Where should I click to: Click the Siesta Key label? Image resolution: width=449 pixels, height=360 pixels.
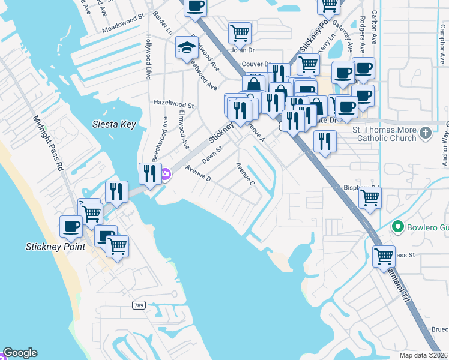point(114,125)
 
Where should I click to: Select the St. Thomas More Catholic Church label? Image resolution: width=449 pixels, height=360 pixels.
point(384,133)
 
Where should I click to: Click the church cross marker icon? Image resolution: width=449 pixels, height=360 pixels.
point(425,132)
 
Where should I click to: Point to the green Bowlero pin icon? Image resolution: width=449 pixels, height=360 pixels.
point(396,227)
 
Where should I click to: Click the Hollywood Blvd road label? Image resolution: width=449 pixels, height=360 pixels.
point(148,57)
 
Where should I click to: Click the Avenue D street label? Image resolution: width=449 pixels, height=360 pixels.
point(198,173)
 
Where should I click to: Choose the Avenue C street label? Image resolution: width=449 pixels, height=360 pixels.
point(246,174)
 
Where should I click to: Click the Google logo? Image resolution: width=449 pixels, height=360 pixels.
point(20,353)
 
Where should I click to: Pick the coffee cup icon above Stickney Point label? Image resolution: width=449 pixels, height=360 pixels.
point(71,226)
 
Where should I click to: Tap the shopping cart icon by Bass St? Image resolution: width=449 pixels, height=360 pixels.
point(383,256)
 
